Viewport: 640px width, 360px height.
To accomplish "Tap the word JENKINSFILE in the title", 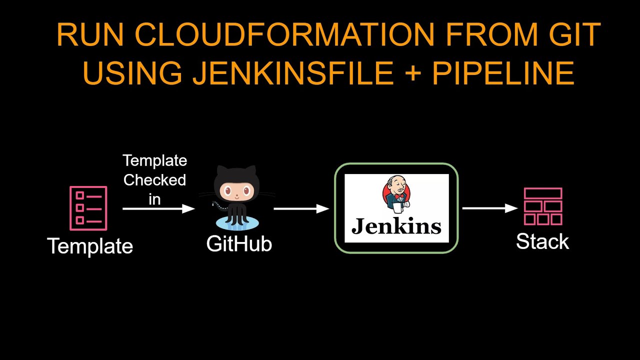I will pos(293,73).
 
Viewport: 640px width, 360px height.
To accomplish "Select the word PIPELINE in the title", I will pos(503,73).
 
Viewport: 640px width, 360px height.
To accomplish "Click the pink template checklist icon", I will pos(88,208).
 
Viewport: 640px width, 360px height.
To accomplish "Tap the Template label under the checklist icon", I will pos(90,246).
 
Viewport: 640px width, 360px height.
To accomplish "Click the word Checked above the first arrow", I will pos(154,180).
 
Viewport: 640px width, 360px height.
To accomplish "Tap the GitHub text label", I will pos(239,243).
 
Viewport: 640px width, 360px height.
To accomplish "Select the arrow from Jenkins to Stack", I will pos(490,208).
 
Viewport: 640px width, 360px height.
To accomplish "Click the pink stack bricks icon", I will pos(543,206).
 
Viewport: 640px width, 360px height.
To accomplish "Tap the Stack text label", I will pos(542,241).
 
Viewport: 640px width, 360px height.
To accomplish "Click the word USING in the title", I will pos(132,73).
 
